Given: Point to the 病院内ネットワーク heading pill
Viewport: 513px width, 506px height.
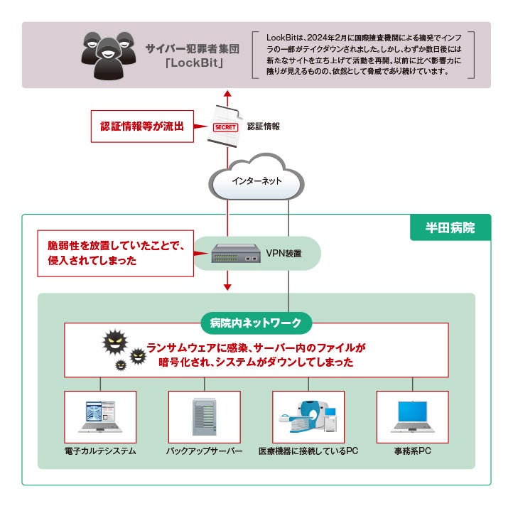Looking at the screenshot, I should (256, 323).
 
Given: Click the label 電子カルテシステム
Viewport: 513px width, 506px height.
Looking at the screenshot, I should (99, 451).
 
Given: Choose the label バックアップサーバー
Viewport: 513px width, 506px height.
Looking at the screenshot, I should (204, 451).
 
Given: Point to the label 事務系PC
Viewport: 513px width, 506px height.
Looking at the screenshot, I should (413, 451).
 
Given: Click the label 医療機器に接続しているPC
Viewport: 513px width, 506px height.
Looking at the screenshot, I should (308, 451).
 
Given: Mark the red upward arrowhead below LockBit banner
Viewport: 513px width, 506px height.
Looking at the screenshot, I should (227, 93).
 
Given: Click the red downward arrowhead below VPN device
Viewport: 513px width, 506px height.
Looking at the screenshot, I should (227, 286).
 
